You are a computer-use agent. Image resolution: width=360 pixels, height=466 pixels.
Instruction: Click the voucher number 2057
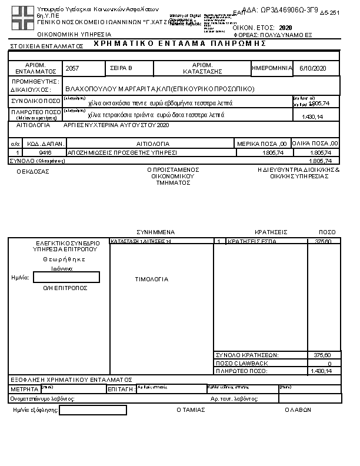(72, 69)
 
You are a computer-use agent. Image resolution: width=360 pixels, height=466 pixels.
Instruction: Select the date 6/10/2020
(311, 69)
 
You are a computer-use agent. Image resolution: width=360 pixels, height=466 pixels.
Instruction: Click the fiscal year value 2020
(285, 28)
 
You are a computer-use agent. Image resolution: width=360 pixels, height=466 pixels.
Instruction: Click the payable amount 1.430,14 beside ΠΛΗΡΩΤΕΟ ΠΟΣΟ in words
(312, 116)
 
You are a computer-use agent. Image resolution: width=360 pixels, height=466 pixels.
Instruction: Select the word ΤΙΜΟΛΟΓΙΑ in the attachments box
(152, 279)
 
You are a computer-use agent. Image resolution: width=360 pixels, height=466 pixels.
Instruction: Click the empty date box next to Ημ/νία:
(66, 278)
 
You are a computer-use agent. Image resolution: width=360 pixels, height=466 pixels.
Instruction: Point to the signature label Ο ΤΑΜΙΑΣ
(191, 410)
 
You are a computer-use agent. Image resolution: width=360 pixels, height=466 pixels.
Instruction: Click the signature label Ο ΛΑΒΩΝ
(297, 410)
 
